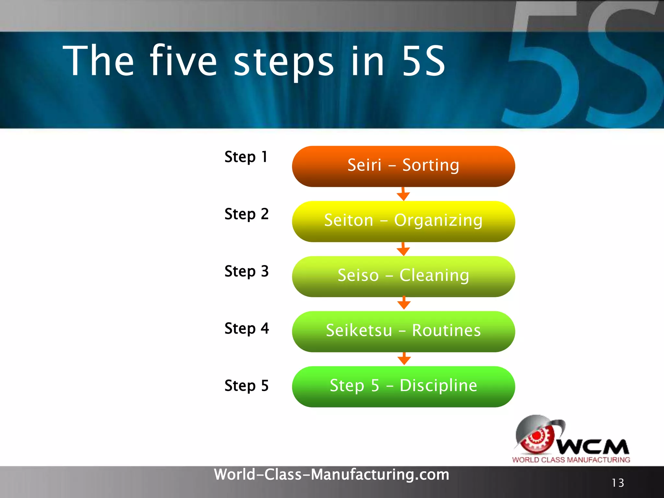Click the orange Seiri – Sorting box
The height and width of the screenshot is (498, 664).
click(403, 166)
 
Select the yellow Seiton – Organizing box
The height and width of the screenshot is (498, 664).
click(403, 221)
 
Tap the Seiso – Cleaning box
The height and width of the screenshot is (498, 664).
click(403, 276)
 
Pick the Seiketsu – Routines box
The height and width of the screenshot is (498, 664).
click(403, 331)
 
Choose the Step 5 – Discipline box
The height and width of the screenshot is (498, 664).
click(403, 386)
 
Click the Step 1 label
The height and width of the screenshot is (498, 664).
click(246, 157)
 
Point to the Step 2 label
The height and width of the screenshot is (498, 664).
click(246, 214)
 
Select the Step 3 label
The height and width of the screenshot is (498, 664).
click(246, 271)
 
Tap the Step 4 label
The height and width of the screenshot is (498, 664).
click(246, 328)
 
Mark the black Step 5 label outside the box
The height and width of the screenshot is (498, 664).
click(246, 385)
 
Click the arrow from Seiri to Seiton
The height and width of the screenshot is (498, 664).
click(403, 194)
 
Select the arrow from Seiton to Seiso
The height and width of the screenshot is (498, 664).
click(403, 249)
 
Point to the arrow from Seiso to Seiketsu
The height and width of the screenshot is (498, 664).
click(404, 303)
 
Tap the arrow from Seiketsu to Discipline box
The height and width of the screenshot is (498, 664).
click(404, 359)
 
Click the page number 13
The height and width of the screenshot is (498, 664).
click(618, 483)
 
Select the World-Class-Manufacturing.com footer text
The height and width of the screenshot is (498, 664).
click(331, 474)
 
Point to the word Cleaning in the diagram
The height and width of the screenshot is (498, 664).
click(434, 276)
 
